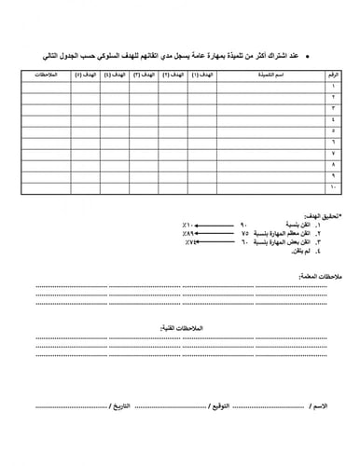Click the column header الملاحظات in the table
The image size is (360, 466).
tap(45, 73)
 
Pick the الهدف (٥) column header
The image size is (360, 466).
tap(84, 73)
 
